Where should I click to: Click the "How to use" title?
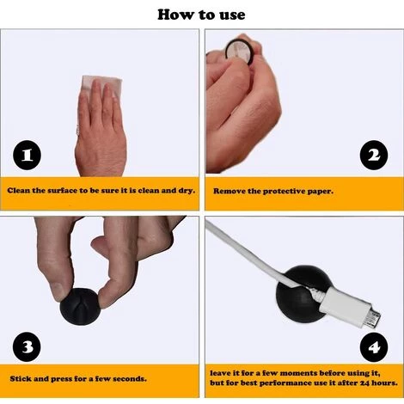(x=201, y=15)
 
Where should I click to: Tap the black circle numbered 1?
(x=27, y=155)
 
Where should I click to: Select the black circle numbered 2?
(x=374, y=155)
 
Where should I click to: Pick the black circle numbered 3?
(x=27, y=346)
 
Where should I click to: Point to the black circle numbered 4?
(x=374, y=347)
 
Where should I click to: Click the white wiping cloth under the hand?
(x=101, y=86)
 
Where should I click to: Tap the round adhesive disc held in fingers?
(x=240, y=52)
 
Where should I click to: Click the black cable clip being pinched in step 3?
(x=80, y=307)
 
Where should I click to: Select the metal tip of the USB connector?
(x=373, y=318)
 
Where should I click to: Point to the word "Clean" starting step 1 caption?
(x=19, y=191)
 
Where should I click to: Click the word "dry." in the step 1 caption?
(x=187, y=191)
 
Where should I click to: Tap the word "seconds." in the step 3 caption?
(x=130, y=379)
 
